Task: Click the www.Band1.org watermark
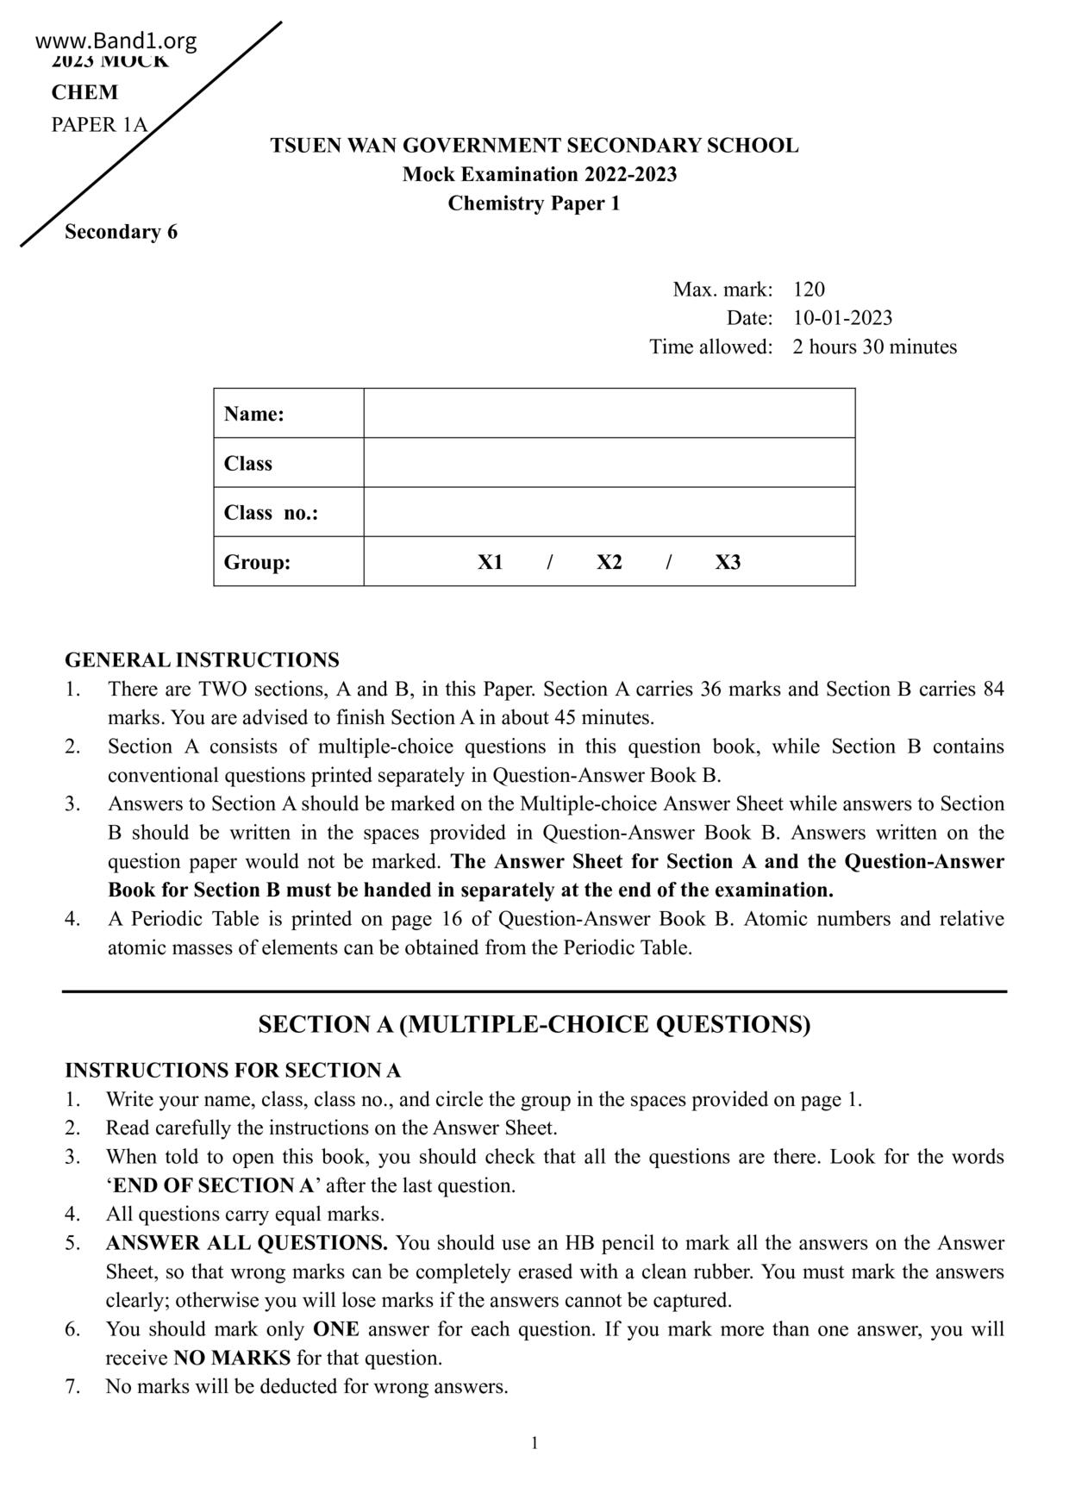(116, 41)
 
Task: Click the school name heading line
(534, 146)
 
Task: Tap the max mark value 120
(809, 290)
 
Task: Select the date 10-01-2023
(842, 318)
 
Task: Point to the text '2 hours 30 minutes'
(874, 347)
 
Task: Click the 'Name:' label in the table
(254, 414)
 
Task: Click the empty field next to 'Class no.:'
(609, 512)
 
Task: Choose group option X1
(491, 563)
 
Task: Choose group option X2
(609, 563)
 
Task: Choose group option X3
(728, 563)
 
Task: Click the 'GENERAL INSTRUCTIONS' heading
(202, 660)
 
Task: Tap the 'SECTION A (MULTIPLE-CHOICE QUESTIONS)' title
(534, 1025)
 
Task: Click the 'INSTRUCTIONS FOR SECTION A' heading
(233, 1071)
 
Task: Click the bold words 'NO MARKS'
(232, 1359)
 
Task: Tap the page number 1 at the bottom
(534, 1443)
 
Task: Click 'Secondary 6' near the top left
(121, 232)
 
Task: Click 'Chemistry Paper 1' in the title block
(534, 204)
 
